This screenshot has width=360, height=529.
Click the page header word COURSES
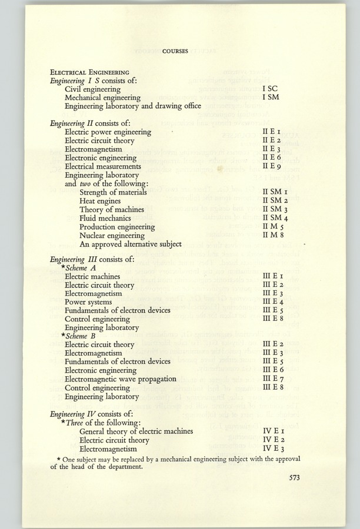(x=176, y=51)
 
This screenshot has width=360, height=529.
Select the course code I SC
(x=269, y=88)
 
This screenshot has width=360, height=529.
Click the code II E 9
(x=274, y=167)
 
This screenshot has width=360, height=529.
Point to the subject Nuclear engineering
(x=112, y=235)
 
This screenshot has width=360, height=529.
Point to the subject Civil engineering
(x=94, y=88)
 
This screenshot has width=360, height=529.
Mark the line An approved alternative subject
(x=131, y=244)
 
